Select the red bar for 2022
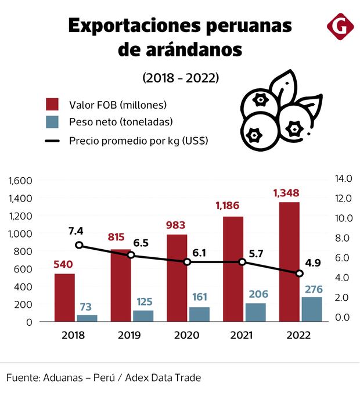[289, 261]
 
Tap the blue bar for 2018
[88, 318]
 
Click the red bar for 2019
[121, 285]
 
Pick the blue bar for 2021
[255, 312]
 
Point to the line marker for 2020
[187, 262]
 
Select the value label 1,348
[289, 192]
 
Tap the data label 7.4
[75, 231]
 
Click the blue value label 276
[312, 289]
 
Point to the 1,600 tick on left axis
[20, 180]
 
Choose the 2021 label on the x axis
[242, 335]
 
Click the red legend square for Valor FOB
[53, 105]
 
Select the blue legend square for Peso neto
[53, 122]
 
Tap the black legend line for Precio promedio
[53, 141]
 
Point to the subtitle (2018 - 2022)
[181, 77]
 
